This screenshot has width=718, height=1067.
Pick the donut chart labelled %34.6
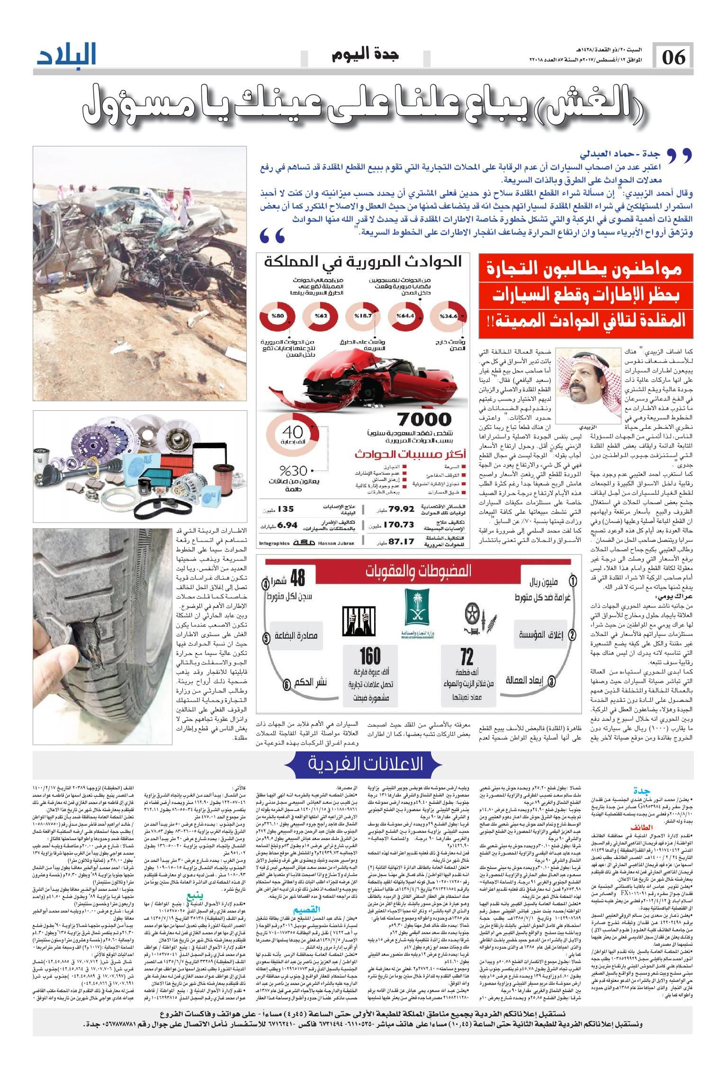tap(448, 316)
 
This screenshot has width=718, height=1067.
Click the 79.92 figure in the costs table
tap(402, 509)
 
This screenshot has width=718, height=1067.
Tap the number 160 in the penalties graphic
tap(370, 656)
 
